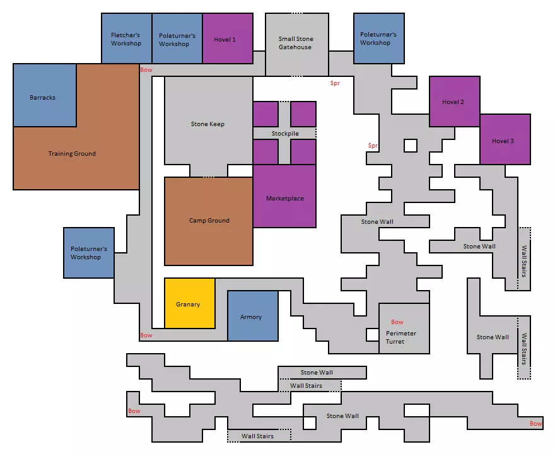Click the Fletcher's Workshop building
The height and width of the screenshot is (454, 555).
point(127,38)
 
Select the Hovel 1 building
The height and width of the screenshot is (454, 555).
point(228,38)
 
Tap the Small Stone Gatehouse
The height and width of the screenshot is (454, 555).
point(297,45)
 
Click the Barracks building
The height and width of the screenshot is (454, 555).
point(45,95)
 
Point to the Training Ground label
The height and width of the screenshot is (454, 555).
point(72,154)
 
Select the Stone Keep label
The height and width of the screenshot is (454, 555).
point(207,124)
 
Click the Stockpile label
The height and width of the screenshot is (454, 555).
point(285,134)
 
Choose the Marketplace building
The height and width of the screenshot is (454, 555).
point(284,196)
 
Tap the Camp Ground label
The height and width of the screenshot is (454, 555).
point(209,221)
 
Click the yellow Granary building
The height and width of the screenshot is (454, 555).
point(190,303)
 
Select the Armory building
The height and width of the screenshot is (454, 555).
point(253,316)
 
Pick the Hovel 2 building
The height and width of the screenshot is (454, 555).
point(455,102)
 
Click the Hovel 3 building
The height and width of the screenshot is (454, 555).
point(505,139)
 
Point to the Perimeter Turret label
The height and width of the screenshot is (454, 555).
point(401,337)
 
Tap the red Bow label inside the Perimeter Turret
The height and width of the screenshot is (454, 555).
point(397,322)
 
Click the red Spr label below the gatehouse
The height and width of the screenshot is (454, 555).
point(335,83)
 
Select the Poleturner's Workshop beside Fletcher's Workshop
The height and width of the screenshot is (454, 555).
point(177,38)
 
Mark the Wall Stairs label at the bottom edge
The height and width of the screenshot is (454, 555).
point(258,436)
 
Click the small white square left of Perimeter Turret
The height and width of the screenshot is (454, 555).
point(372,335)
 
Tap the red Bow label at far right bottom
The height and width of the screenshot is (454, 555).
point(536,424)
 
